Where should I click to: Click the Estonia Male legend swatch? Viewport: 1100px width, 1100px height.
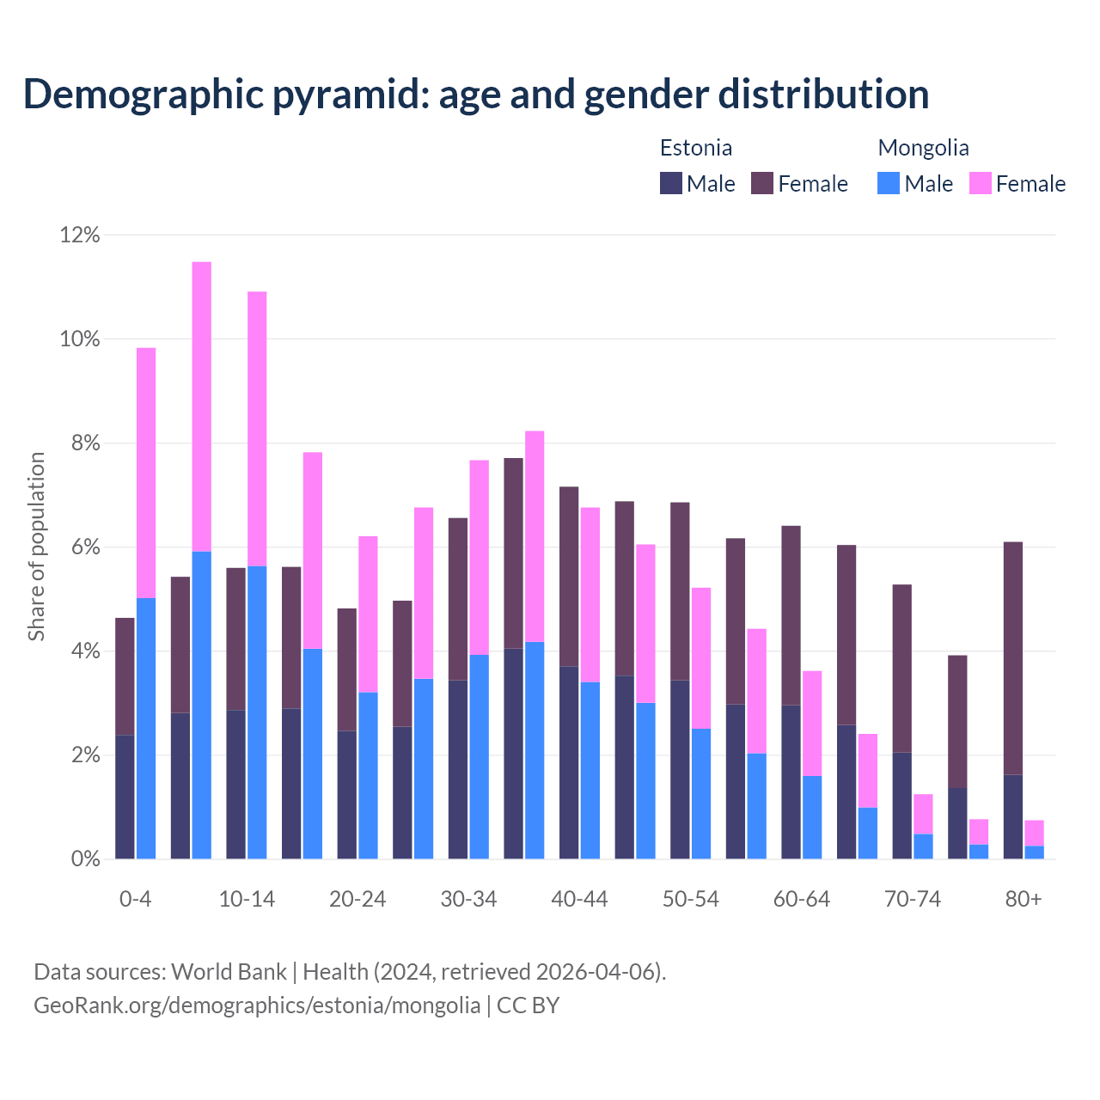point(671,183)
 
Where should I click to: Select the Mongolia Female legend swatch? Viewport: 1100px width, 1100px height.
point(981,183)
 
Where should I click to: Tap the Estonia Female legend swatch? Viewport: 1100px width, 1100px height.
point(762,183)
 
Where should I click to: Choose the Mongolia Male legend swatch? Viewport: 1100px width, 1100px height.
point(889,183)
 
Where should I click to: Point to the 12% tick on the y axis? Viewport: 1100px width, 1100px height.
point(80,235)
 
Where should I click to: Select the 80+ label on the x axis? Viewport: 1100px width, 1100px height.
point(1024,899)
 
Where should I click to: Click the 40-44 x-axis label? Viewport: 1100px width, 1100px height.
point(579,899)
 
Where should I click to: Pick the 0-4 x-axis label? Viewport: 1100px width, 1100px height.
point(135,899)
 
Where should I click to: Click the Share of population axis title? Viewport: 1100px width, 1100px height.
point(37,547)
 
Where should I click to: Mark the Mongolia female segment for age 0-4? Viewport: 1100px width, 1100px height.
point(146,473)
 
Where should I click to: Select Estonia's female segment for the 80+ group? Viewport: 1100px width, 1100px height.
point(1013,658)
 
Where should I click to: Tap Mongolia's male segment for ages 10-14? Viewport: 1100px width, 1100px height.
point(257,712)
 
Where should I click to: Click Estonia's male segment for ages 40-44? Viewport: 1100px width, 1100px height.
point(569,762)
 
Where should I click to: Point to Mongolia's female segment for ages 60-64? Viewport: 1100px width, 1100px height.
point(812,724)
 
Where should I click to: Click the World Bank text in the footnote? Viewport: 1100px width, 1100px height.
point(229,972)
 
